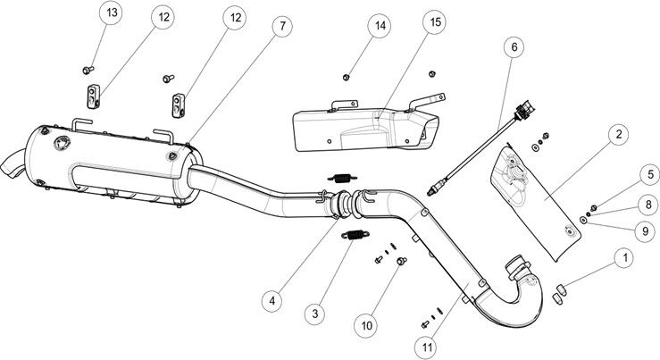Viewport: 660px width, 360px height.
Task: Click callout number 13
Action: pos(111,15)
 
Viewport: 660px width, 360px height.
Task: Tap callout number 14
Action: pos(380,26)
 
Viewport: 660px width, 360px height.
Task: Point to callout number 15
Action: pos(435,23)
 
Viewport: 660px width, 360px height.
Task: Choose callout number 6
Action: pos(513,45)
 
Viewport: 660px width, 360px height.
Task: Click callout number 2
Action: pos(616,136)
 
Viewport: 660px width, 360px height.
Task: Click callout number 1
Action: pos(622,257)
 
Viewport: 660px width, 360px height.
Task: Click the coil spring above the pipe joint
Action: pos(338,176)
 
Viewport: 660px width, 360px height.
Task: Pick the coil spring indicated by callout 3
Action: pos(355,236)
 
